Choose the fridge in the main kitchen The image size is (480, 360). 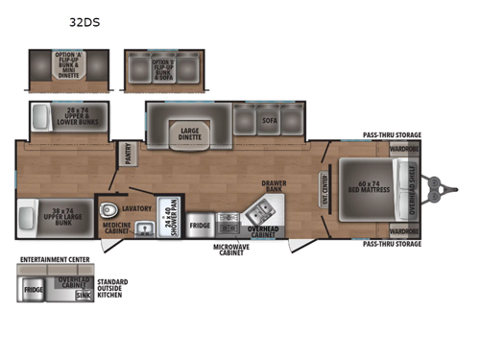199,227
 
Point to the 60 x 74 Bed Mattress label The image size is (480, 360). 366,184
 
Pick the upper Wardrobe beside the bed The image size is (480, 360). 403,150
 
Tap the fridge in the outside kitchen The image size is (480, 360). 33,287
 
